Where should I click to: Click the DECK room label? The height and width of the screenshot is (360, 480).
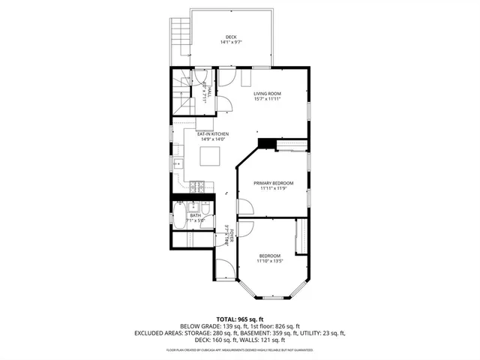coord(231,37)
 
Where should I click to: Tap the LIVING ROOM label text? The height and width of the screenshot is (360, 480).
coord(266,94)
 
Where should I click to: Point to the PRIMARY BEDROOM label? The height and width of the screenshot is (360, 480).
coord(272,183)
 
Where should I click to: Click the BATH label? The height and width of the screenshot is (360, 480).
coord(195,215)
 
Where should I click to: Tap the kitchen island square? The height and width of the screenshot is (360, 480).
coord(211,156)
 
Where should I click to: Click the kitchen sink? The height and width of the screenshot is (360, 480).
coord(178,163)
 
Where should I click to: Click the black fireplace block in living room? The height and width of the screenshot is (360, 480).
coord(265,143)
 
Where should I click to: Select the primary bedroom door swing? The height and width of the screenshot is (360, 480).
coord(244,207)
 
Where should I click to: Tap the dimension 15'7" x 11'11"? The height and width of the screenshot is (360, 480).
coord(266,99)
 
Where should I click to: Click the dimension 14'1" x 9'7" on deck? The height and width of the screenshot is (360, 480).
coord(231,43)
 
